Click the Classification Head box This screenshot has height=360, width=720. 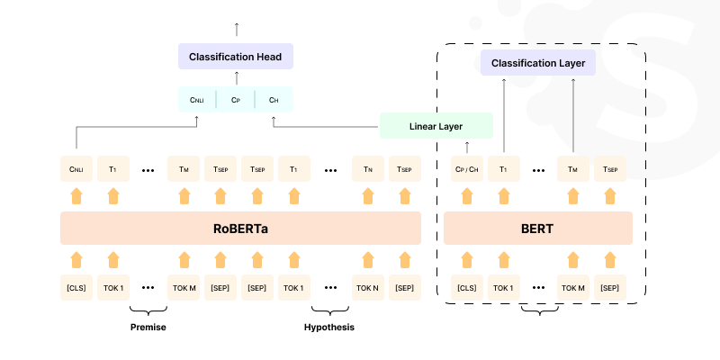235,57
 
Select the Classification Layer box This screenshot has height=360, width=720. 538,63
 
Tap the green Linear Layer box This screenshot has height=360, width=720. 436,126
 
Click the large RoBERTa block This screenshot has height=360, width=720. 240,229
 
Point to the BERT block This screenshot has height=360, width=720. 537,229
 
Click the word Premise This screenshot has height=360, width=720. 148,327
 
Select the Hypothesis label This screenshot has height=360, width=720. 328,327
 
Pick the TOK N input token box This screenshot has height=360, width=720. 367,288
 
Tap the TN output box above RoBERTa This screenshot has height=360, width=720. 367,168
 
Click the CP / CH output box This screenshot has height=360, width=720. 466,168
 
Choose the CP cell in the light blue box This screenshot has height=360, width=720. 235,100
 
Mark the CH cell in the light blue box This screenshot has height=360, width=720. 274,100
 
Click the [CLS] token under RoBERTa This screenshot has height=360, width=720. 76,288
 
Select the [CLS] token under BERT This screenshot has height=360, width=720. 466,288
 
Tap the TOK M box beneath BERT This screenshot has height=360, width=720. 574,288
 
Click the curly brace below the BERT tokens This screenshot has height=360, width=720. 540,310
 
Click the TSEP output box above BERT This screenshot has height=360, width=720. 610,168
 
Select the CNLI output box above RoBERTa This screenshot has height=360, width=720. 76,168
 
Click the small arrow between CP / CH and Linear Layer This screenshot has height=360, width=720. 467,147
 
